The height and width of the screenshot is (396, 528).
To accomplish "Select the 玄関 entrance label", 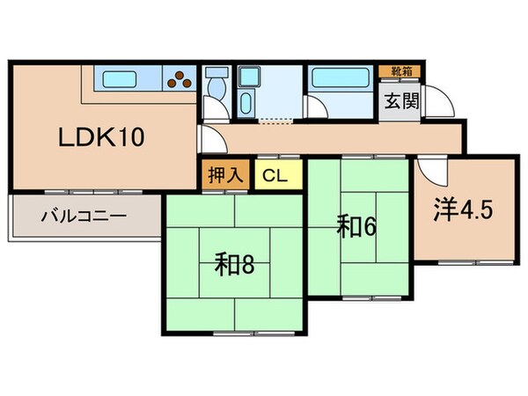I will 399,100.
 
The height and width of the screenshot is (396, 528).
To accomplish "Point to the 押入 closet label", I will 225,173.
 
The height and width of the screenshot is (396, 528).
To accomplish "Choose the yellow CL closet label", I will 273,173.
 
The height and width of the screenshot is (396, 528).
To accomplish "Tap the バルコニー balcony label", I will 84,214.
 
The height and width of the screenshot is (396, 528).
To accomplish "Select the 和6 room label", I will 357,227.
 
